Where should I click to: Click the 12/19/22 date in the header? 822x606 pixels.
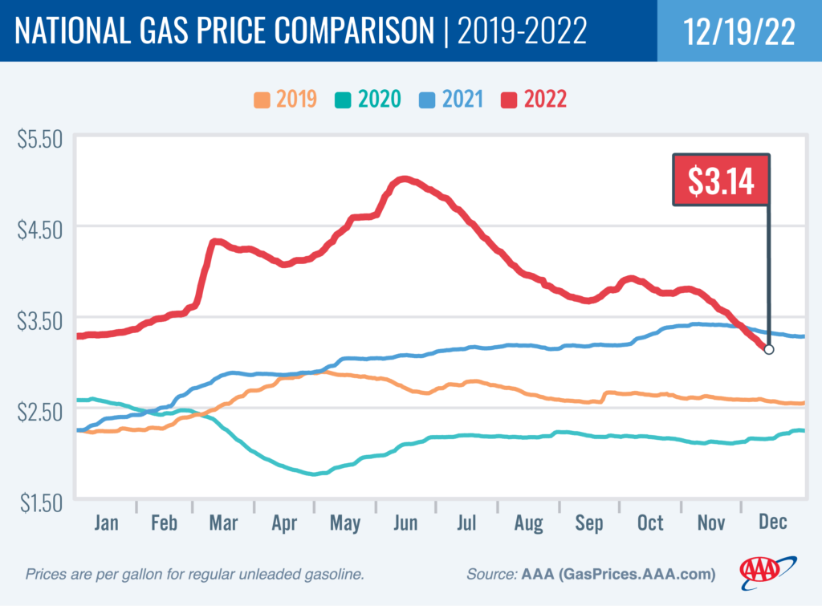tap(738, 31)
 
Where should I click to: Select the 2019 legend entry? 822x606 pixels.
tap(285, 100)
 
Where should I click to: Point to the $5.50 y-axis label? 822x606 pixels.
tap(39, 138)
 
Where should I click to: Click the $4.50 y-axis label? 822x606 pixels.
tap(39, 229)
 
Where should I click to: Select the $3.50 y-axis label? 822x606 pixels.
tap(39, 319)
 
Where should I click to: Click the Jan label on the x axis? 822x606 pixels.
tap(106, 523)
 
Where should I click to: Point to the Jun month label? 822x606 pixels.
tap(405, 523)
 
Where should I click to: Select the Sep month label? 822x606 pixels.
tap(589, 523)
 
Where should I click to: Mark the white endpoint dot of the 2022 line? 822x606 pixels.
tap(769, 349)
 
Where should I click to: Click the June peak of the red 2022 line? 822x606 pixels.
tap(404, 179)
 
